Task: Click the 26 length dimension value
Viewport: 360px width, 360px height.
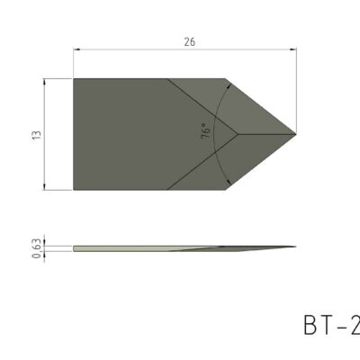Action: click(x=187, y=42)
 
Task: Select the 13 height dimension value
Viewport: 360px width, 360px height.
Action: click(x=35, y=134)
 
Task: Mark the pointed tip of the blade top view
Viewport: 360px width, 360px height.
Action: click(x=296, y=134)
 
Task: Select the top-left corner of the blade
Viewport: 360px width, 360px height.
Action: click(x=74, y=78)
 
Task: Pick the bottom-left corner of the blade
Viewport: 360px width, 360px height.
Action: click(x=74, y=190)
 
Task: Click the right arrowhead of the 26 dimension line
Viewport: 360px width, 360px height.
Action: click(x=292, y=51)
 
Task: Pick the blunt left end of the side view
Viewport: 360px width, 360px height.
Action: click(x=75, y=247)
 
